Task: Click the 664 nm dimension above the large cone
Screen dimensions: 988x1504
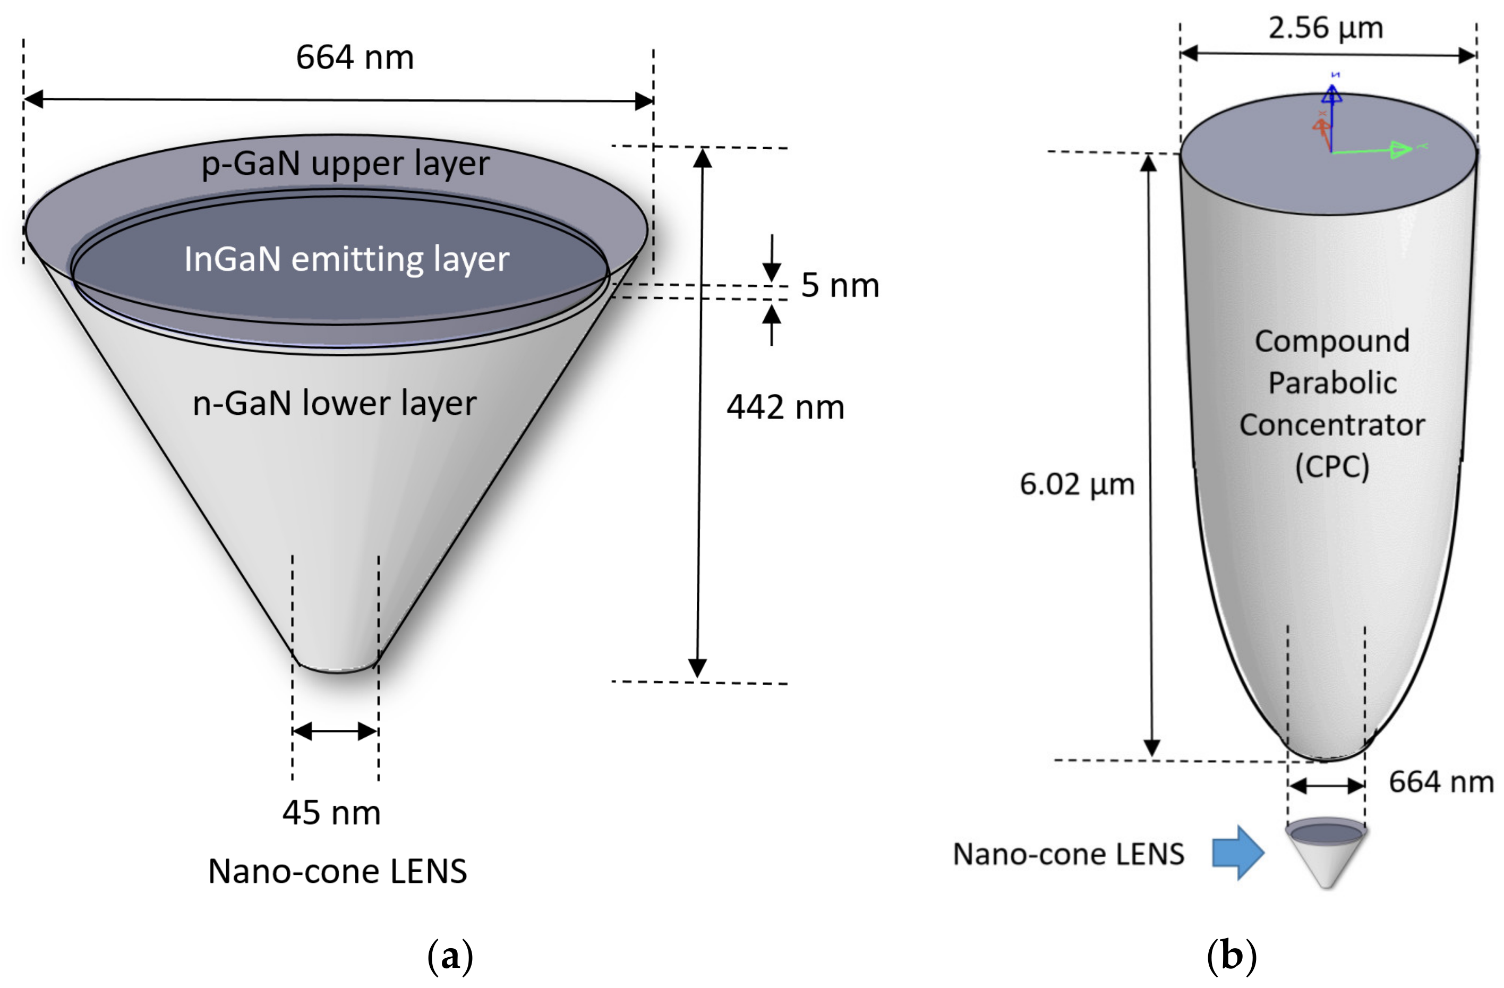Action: coord(355,57)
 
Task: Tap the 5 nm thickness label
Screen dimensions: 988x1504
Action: coord(840,285)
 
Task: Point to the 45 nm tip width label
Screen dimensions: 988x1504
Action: coord(331,813)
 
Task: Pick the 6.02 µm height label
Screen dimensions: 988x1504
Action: coord(1077,485)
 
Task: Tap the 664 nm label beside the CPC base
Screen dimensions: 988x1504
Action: coord(1440,782)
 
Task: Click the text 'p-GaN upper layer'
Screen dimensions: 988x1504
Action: coord(345,164)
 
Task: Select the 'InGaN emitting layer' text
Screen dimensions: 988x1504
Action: coord(346,259)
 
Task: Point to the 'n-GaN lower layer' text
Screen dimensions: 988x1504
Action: coord(334,403)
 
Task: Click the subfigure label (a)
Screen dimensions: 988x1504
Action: coord(450,956)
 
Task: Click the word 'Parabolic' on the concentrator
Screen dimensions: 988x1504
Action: coord(1332,383)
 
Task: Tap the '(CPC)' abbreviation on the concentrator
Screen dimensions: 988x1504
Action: coord(1331,466)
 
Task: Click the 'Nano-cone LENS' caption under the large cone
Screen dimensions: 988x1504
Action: coord(337,871)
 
